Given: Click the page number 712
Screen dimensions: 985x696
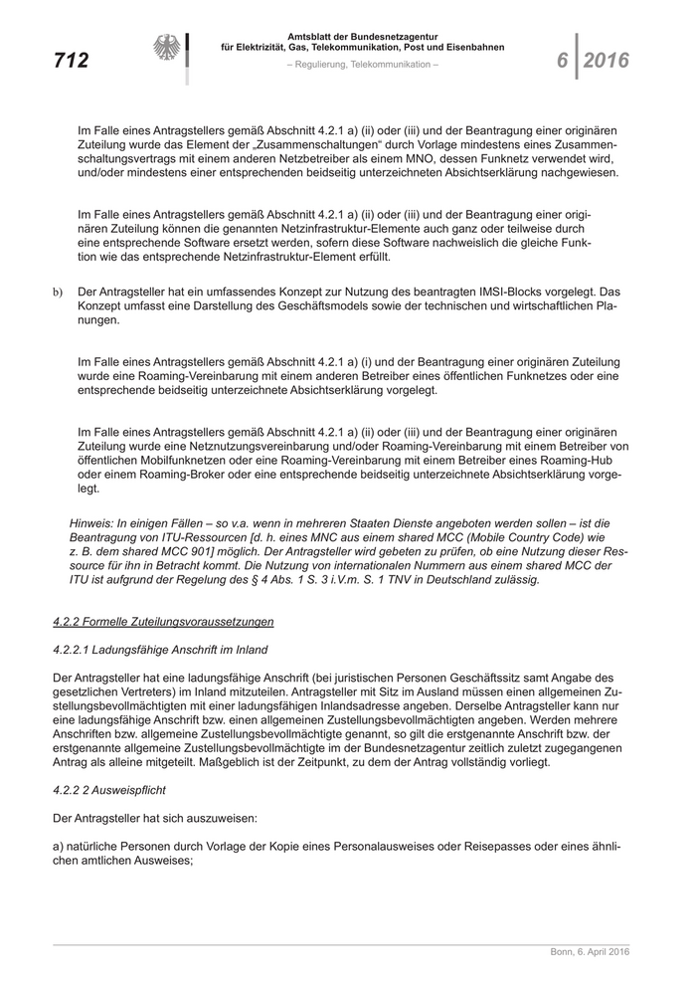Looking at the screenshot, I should pos(71,61).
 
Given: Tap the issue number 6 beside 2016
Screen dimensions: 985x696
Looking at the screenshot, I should pos(562,61).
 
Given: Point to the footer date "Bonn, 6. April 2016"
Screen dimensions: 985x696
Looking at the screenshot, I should pos(590,952).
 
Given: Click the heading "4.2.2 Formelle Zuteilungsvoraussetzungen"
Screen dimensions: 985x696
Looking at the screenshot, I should pos(163,622).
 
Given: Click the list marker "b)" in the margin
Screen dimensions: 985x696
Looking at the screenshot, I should pos(58,291).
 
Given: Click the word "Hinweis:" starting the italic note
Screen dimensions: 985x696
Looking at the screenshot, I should pos(93,522).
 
